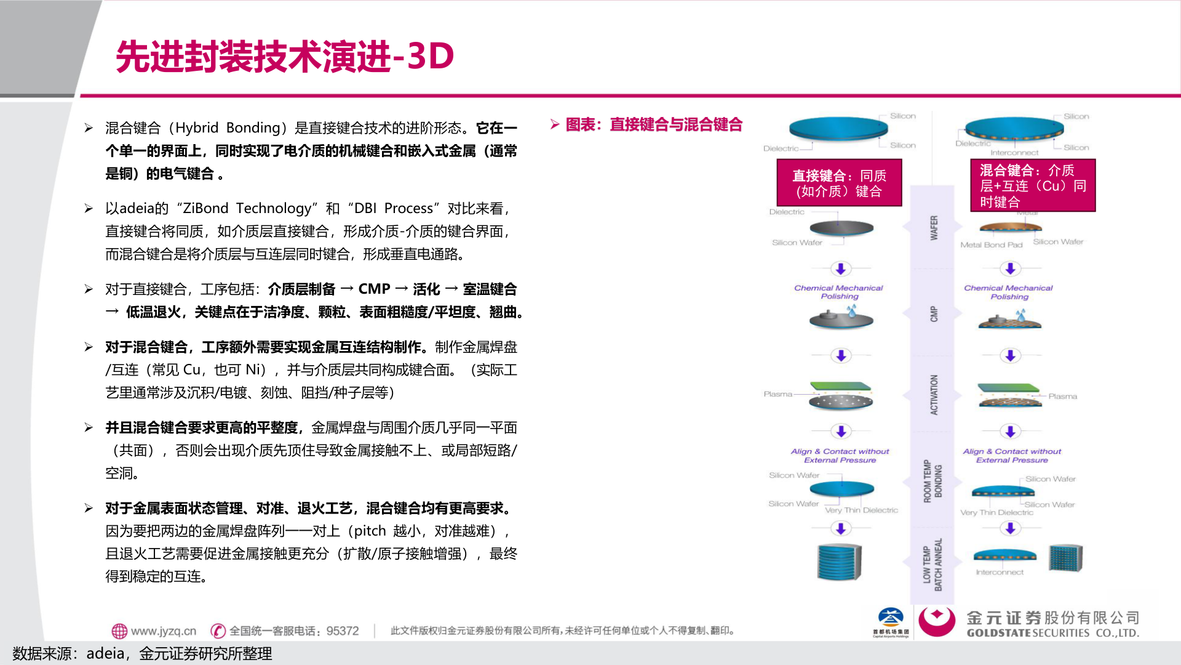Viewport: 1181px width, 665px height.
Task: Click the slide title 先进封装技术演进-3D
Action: [285, 57]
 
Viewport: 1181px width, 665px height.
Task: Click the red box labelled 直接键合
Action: [839, 183]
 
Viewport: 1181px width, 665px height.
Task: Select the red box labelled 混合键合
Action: [1033, 185]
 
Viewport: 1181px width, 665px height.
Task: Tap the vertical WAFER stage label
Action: [934, 228]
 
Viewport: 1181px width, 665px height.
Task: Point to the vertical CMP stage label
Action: [934, 314]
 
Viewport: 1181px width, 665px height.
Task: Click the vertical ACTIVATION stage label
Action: [934, 395]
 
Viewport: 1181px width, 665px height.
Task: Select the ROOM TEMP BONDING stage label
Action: [932, 481]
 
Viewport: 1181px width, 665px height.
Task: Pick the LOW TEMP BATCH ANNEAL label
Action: [932, 565]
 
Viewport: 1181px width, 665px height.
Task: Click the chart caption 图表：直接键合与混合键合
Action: [653, 125]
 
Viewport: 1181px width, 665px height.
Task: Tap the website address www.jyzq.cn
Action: [163, 631]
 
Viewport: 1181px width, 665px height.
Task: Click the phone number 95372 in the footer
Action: [343, 631]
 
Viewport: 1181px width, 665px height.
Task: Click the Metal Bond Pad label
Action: [991, 245]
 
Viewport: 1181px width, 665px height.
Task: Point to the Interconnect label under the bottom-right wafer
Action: [1000, 573]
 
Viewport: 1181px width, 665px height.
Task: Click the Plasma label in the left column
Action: [777, 394]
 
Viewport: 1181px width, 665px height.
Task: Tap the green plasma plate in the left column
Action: [841, 387]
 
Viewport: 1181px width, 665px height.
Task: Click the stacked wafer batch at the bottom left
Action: [839, 562]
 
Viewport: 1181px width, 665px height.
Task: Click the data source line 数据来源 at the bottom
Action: [142, 654]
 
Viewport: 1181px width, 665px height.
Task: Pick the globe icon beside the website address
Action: [119, 631]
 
